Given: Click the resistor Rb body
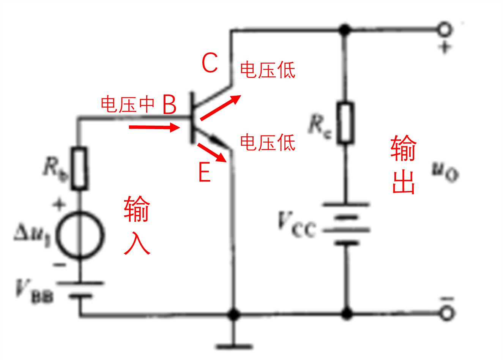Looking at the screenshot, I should (x=79, y=168).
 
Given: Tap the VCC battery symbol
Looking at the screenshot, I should (x=346, y=224).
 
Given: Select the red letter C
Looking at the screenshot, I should (x=210, y=63).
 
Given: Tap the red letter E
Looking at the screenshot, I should (x=204, y=173).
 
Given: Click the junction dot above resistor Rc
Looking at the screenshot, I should (x=345, y=30).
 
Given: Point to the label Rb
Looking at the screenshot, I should (x=55, y=169).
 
